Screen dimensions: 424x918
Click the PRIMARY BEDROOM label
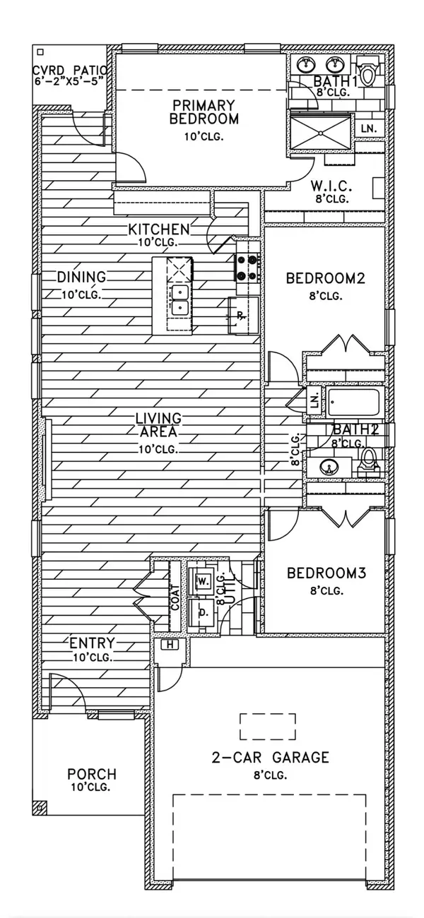(204, 112)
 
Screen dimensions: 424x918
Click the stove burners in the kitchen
(247, 267)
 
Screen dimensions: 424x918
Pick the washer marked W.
(203, 580)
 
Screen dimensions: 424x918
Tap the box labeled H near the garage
(170, 645)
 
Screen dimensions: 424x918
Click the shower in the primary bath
(321, 131)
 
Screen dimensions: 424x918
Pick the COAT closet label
(175, 597)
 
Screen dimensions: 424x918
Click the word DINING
(81, 277)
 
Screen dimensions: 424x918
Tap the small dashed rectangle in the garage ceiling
(268, 727)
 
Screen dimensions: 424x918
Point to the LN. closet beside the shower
(369, 129)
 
